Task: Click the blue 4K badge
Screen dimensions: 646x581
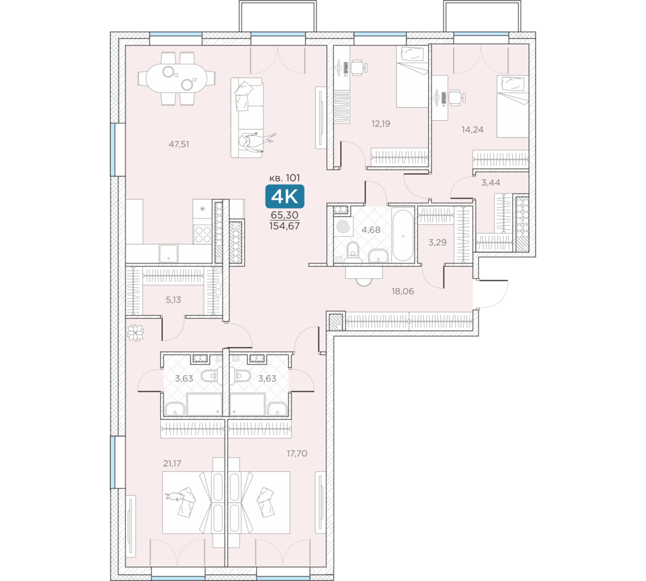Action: pyautogui.click(x=285, y=196)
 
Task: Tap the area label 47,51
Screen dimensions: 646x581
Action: pyautogui.click(x=179, y=144)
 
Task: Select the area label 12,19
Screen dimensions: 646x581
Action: pyautogui.click(x=380, y=123)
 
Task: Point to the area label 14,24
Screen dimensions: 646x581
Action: pyautogui.click(x=472, y=130)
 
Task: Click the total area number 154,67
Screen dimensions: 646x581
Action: pyautogui.click(x=285, y=226)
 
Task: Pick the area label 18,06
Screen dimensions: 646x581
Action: pyautogui.click(x=402, y=292)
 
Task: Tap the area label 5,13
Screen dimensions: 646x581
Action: pyautogui.click(x=173, y=300)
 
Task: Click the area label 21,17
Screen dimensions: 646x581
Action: pyautogui.click(x=172, y=464)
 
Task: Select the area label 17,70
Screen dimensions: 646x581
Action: pyautogui.click(x=297, y=453)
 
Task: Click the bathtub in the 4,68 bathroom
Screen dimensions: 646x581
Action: pyautogui.click(x=402, y=236)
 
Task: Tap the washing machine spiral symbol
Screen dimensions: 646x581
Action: pyautogui.click(x=343, y=227)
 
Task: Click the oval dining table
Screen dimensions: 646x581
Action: pyautogui.click(x=177, y=78)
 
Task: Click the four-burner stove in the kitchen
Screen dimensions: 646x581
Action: pyautogui.click(x=202, y=234)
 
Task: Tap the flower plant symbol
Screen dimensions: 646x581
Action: pyautogui.click(x=135, y=332)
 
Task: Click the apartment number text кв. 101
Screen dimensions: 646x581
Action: pyautogui.click(x=284, y=178)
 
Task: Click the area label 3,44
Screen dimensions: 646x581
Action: pyautogui.click(x=491, y=183)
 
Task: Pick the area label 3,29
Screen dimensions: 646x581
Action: pyautogui.click(x=437, y=243)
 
